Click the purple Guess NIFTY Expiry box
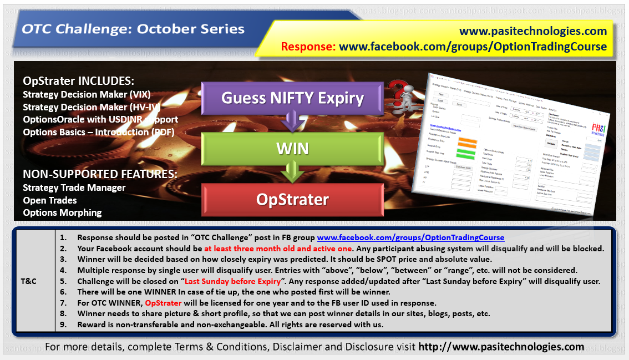[x=292, y=98]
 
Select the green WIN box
[x=292, y=149]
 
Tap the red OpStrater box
[x=292, y=200]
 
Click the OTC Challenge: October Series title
[x=133, y=29]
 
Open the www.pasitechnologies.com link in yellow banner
[x=534, y=32]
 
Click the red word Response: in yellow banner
[x=308, y=47]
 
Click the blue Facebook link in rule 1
[x=410, y=237]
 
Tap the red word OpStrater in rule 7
[x=164, y=303]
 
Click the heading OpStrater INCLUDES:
[x=79, y=81]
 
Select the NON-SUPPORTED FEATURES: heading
[x=100, y=174]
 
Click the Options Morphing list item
[x=62, y=212]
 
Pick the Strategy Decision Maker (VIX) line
[x=87, y=94]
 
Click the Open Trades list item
[x=50, y=200]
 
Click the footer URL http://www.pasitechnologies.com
[x=501, y=347]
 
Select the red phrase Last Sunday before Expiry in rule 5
[x=233, y=281]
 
